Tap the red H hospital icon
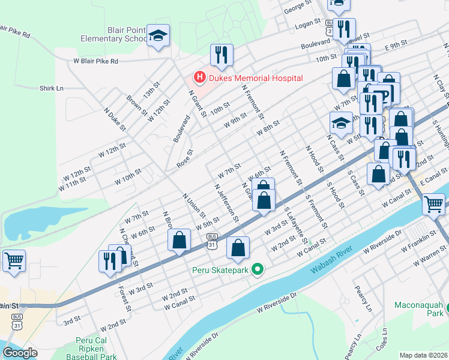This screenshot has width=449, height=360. (x=199, y=77)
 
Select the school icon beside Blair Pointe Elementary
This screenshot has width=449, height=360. (x=158, y=37)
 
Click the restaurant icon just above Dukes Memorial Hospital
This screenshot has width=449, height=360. (x=221, y=56)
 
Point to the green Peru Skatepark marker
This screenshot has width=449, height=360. (x=258, y=269)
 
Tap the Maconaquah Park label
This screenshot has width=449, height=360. (x=418, y=309)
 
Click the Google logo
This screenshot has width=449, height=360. (x=20, y=353)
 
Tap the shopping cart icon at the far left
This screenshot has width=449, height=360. (x=14, y=261)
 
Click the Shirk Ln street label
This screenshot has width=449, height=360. (x=51, y=88)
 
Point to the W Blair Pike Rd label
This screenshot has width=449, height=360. (x=96, y=61)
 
